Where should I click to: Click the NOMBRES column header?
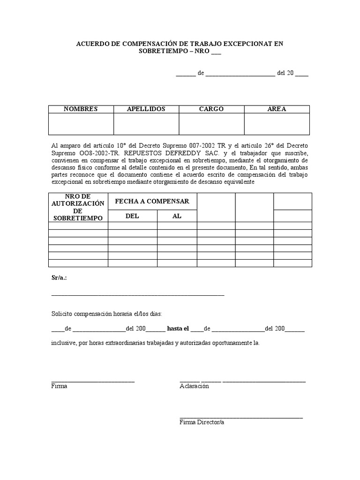click(81, 109)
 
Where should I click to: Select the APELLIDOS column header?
click(146, 109)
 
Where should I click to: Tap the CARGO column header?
click(211, 109)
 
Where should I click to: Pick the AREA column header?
click(277, 109)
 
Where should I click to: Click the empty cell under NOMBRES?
click(81, 124)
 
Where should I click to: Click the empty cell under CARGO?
click(211, 124)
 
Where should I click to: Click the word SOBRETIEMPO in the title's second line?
click(159, 52)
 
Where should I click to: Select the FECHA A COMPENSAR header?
click(152, 201)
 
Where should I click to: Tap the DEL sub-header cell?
click(132, 216)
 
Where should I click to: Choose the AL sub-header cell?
click(177, 216)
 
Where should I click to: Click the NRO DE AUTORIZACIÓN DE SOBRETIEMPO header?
click(78, 207)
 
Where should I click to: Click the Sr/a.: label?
click(59, 277)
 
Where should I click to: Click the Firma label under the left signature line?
click(59, 386)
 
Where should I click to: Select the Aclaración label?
click(194, 386)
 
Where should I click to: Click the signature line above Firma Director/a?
click(241, 417)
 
